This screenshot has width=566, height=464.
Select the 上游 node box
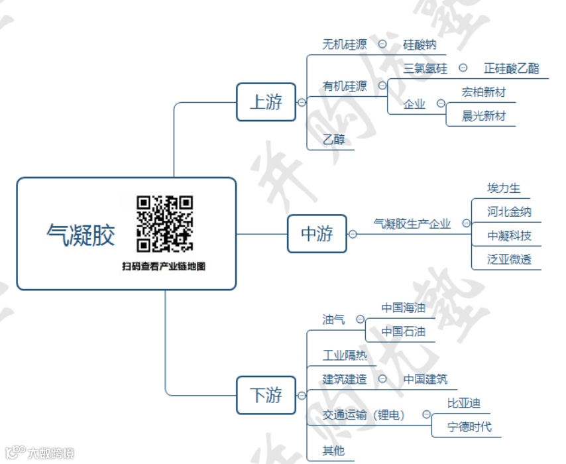point(266,102)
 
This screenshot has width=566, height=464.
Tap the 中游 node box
point(317,233)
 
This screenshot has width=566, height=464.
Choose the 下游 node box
point(266,395)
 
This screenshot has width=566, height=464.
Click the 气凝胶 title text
point(81,235)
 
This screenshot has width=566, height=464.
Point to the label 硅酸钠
point(420,45)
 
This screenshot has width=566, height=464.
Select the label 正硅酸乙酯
point(511,68)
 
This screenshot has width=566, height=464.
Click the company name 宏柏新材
point(484,92)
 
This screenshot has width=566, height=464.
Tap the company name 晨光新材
point(484,116)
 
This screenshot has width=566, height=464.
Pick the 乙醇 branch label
point(333,140)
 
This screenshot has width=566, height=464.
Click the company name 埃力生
point(504,188)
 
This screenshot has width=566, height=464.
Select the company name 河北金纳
point(509,212)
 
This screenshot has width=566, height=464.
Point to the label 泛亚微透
point(509,259)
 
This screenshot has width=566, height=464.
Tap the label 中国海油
point(403,308)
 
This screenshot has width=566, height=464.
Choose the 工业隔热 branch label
point(344,355)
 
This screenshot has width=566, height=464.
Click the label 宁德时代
point(470,426)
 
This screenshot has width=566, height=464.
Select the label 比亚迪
point(464,403)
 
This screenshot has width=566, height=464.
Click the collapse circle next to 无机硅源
point(383,44)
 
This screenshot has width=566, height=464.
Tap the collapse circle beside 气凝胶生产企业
point(467,224)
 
